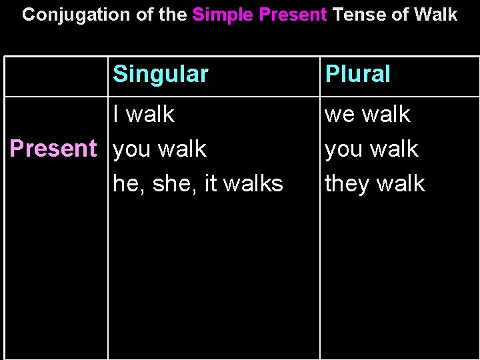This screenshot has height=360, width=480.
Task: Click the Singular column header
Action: [161, 74]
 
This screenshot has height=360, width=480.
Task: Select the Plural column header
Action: [357, 74]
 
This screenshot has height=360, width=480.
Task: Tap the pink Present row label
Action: [53, 149]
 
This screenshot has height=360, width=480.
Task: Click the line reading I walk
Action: [143, 115]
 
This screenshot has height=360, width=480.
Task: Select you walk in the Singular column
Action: [160, 149]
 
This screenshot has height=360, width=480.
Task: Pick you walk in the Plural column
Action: [371, 149]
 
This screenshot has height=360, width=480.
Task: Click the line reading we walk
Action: [367, 115]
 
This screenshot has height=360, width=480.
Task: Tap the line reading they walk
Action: [375, 183]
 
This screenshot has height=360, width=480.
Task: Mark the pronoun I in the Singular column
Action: [117, 114]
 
